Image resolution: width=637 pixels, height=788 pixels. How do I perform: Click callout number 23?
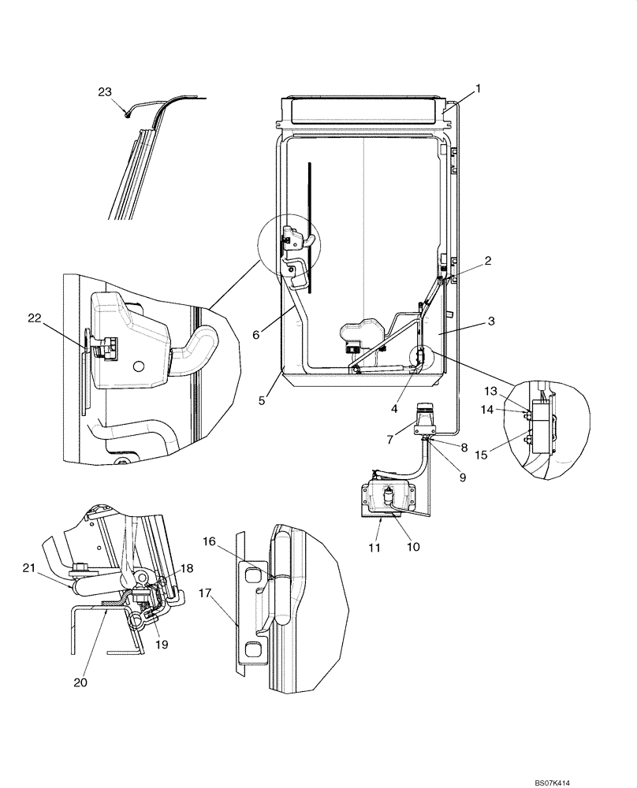click(105, 91)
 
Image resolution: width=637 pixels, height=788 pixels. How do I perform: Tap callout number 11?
click(375, 546)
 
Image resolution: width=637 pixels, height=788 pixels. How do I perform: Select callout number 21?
click(29, 568)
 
